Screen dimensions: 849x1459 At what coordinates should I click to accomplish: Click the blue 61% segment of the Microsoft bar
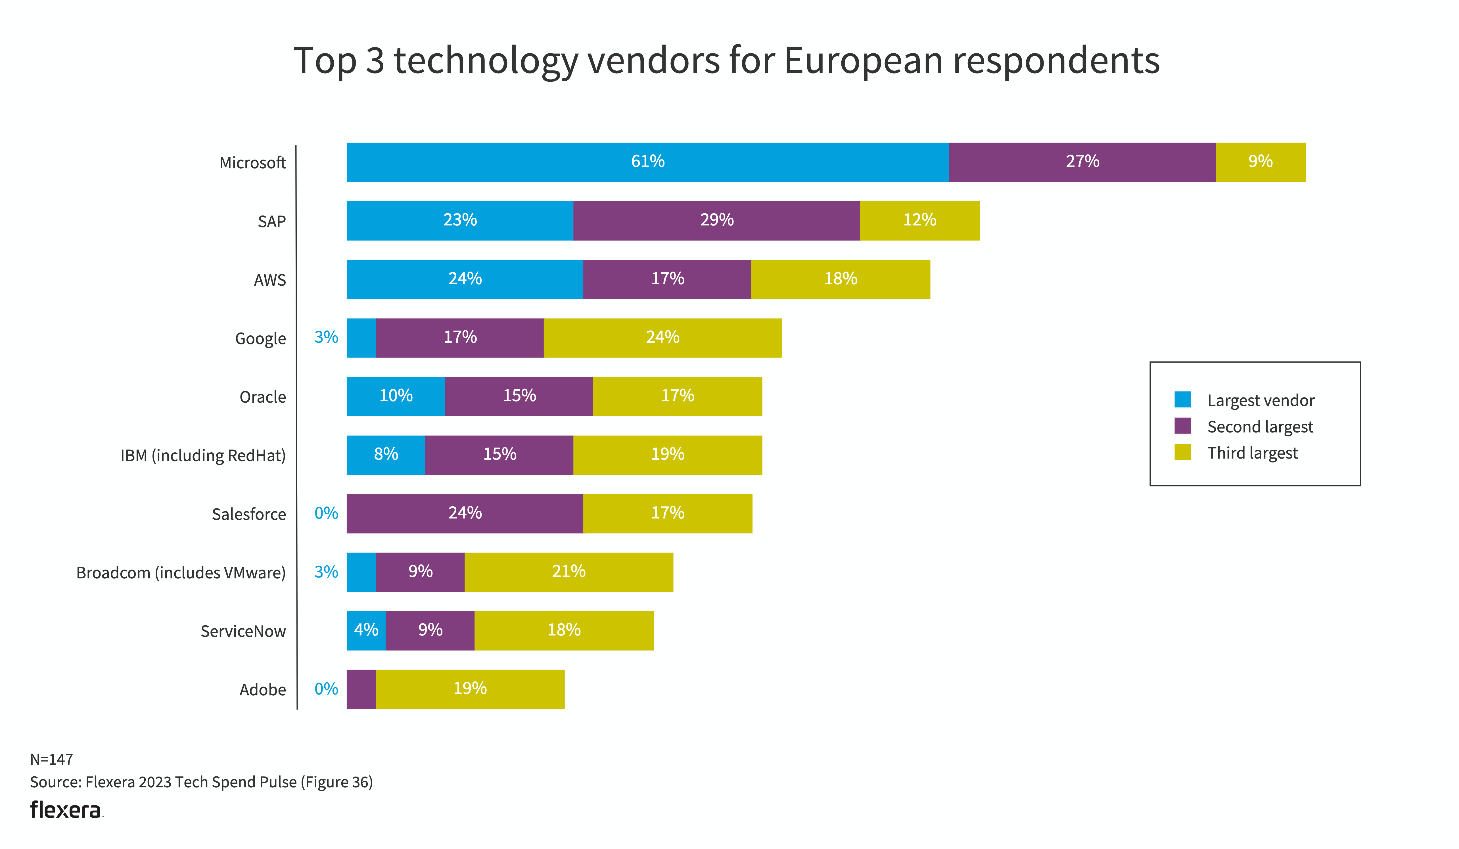pos(647,162)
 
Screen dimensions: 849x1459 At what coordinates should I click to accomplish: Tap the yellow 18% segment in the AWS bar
pos(840,279)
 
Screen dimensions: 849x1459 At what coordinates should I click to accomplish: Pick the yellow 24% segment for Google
pos(662,338)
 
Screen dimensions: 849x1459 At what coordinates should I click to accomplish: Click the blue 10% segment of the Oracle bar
pos(396,396)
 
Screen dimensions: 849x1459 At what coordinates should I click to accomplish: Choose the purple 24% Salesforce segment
pos(464,513)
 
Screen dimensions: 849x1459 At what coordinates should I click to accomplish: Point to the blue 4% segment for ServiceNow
pos(366,630)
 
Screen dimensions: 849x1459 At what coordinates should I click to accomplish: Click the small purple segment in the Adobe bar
pos(361,689)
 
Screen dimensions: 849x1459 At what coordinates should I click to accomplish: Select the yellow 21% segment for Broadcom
pos(568,572)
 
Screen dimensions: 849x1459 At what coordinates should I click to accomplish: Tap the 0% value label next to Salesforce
pos(326,513)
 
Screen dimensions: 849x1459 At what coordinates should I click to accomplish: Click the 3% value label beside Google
pos(326,337)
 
